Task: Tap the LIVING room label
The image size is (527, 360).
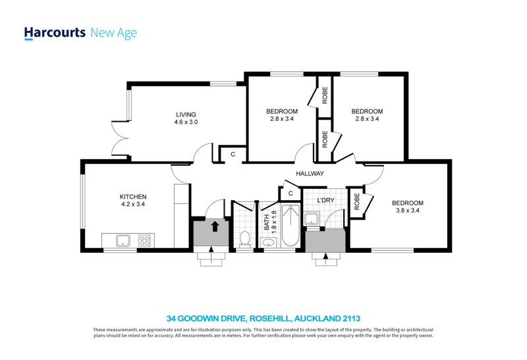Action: [186, 115]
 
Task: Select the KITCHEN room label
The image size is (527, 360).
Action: [133, 197]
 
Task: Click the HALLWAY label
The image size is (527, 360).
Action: [310, 174]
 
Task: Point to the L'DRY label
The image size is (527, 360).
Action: [325, 201]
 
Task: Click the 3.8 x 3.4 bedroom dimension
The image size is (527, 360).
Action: [408, 211]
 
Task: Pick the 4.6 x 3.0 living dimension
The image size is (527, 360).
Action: [186, 122]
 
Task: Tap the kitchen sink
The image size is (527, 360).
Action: [123, 240]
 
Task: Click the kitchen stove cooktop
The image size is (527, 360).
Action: [144, 240]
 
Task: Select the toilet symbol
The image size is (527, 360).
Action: [245, 238]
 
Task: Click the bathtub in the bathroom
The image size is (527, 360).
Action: [291, 226]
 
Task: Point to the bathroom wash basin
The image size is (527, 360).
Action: [269, 242]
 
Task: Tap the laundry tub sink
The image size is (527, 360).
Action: [312, 219]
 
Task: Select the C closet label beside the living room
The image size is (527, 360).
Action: [233, 155]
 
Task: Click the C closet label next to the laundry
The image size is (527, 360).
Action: [291, 193]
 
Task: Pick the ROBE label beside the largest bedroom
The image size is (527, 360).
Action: [356, 201]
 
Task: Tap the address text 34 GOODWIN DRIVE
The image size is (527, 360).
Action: [207, 319]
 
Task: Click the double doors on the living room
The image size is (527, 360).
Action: [120, 138]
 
